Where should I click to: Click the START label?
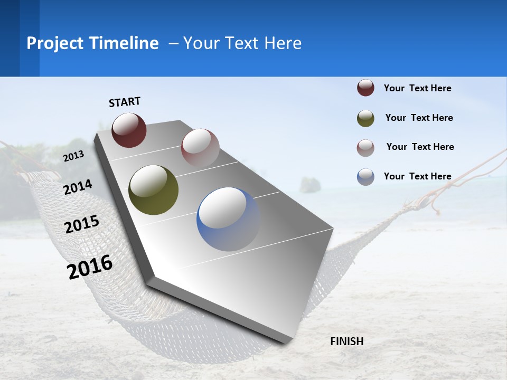click(x=125, y=102)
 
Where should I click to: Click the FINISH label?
click(x=346, y=341)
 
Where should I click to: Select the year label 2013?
click(x=74, y=156)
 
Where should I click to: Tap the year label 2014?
click(x=78, y=187)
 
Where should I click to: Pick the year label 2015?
click(x=82, y=224)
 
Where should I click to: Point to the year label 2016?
click(x=90, y=267)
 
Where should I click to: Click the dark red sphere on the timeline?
click(x=129, y=130)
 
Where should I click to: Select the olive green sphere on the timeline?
click(x=153, y=190)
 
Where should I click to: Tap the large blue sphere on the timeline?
click(x=228, y=219)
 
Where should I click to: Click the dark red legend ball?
click(x=365, y=88)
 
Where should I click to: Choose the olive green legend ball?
click(x=365, y=118)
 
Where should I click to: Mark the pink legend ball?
click(x=365, y=147)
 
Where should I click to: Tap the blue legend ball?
click(x=365, y=177)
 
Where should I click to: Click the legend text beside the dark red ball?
click(x=417, y=88)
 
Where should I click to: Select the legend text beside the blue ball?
click(x=417, y=176)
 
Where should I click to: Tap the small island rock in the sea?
click(x=310, y=185)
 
